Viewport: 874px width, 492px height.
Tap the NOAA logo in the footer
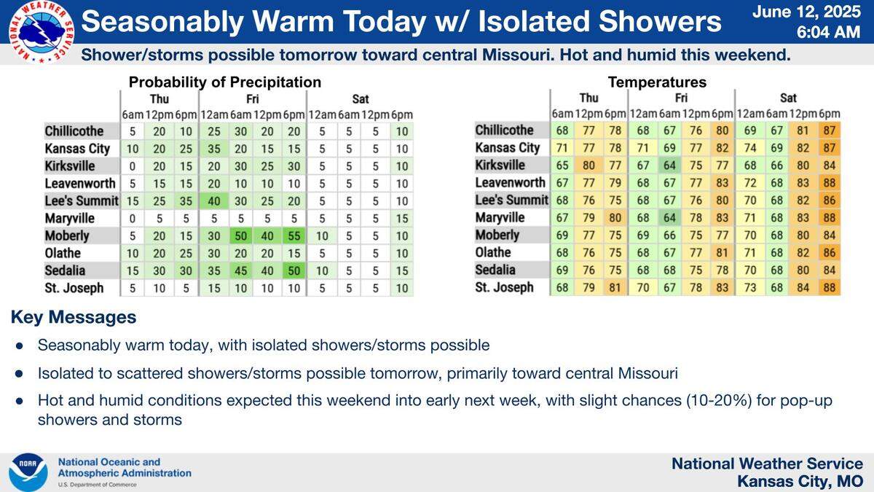coord(28,472)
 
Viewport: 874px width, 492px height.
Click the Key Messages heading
coord(73,318)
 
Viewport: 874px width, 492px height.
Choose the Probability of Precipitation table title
coord(224,82)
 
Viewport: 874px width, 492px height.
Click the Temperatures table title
coord(657,82)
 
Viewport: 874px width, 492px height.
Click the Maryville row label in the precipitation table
coord(74,218)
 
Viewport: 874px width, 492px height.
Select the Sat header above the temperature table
coord(787,98)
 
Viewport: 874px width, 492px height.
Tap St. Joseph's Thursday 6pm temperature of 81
coord(615,287)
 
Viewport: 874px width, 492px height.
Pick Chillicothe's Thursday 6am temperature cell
coord(562,130)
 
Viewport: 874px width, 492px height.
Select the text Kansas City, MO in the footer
coord(800,481)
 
